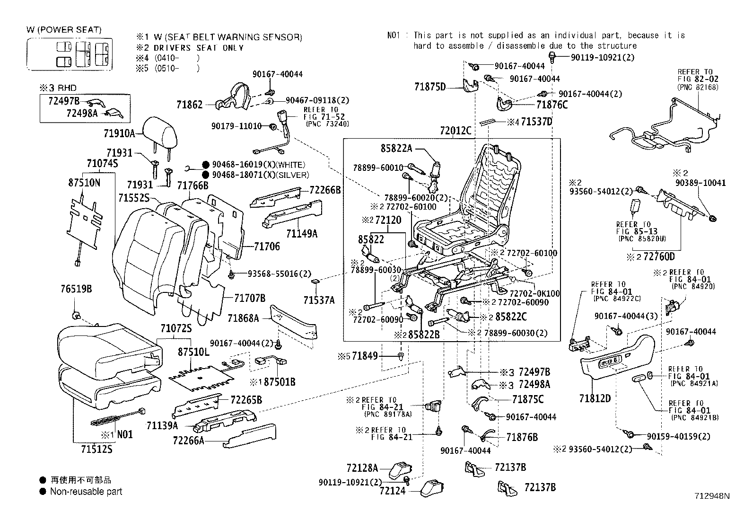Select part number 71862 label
(x=189, y=105)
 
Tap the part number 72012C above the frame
(x=455, y=131)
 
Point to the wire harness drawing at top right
(x=662, y=128)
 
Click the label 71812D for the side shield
(x=595, y=398)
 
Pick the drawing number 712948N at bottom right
(x=712, y=496)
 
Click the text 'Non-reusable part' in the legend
(x=86, y=492)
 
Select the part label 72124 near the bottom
(x=392, y=491)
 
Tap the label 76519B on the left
(x=76, y=289)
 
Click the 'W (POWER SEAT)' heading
(x=64, y=30)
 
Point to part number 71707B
(x=249, y=298)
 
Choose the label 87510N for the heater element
(x=84, y=183)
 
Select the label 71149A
(x=302, y=233)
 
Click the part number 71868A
(x=243, y=318)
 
